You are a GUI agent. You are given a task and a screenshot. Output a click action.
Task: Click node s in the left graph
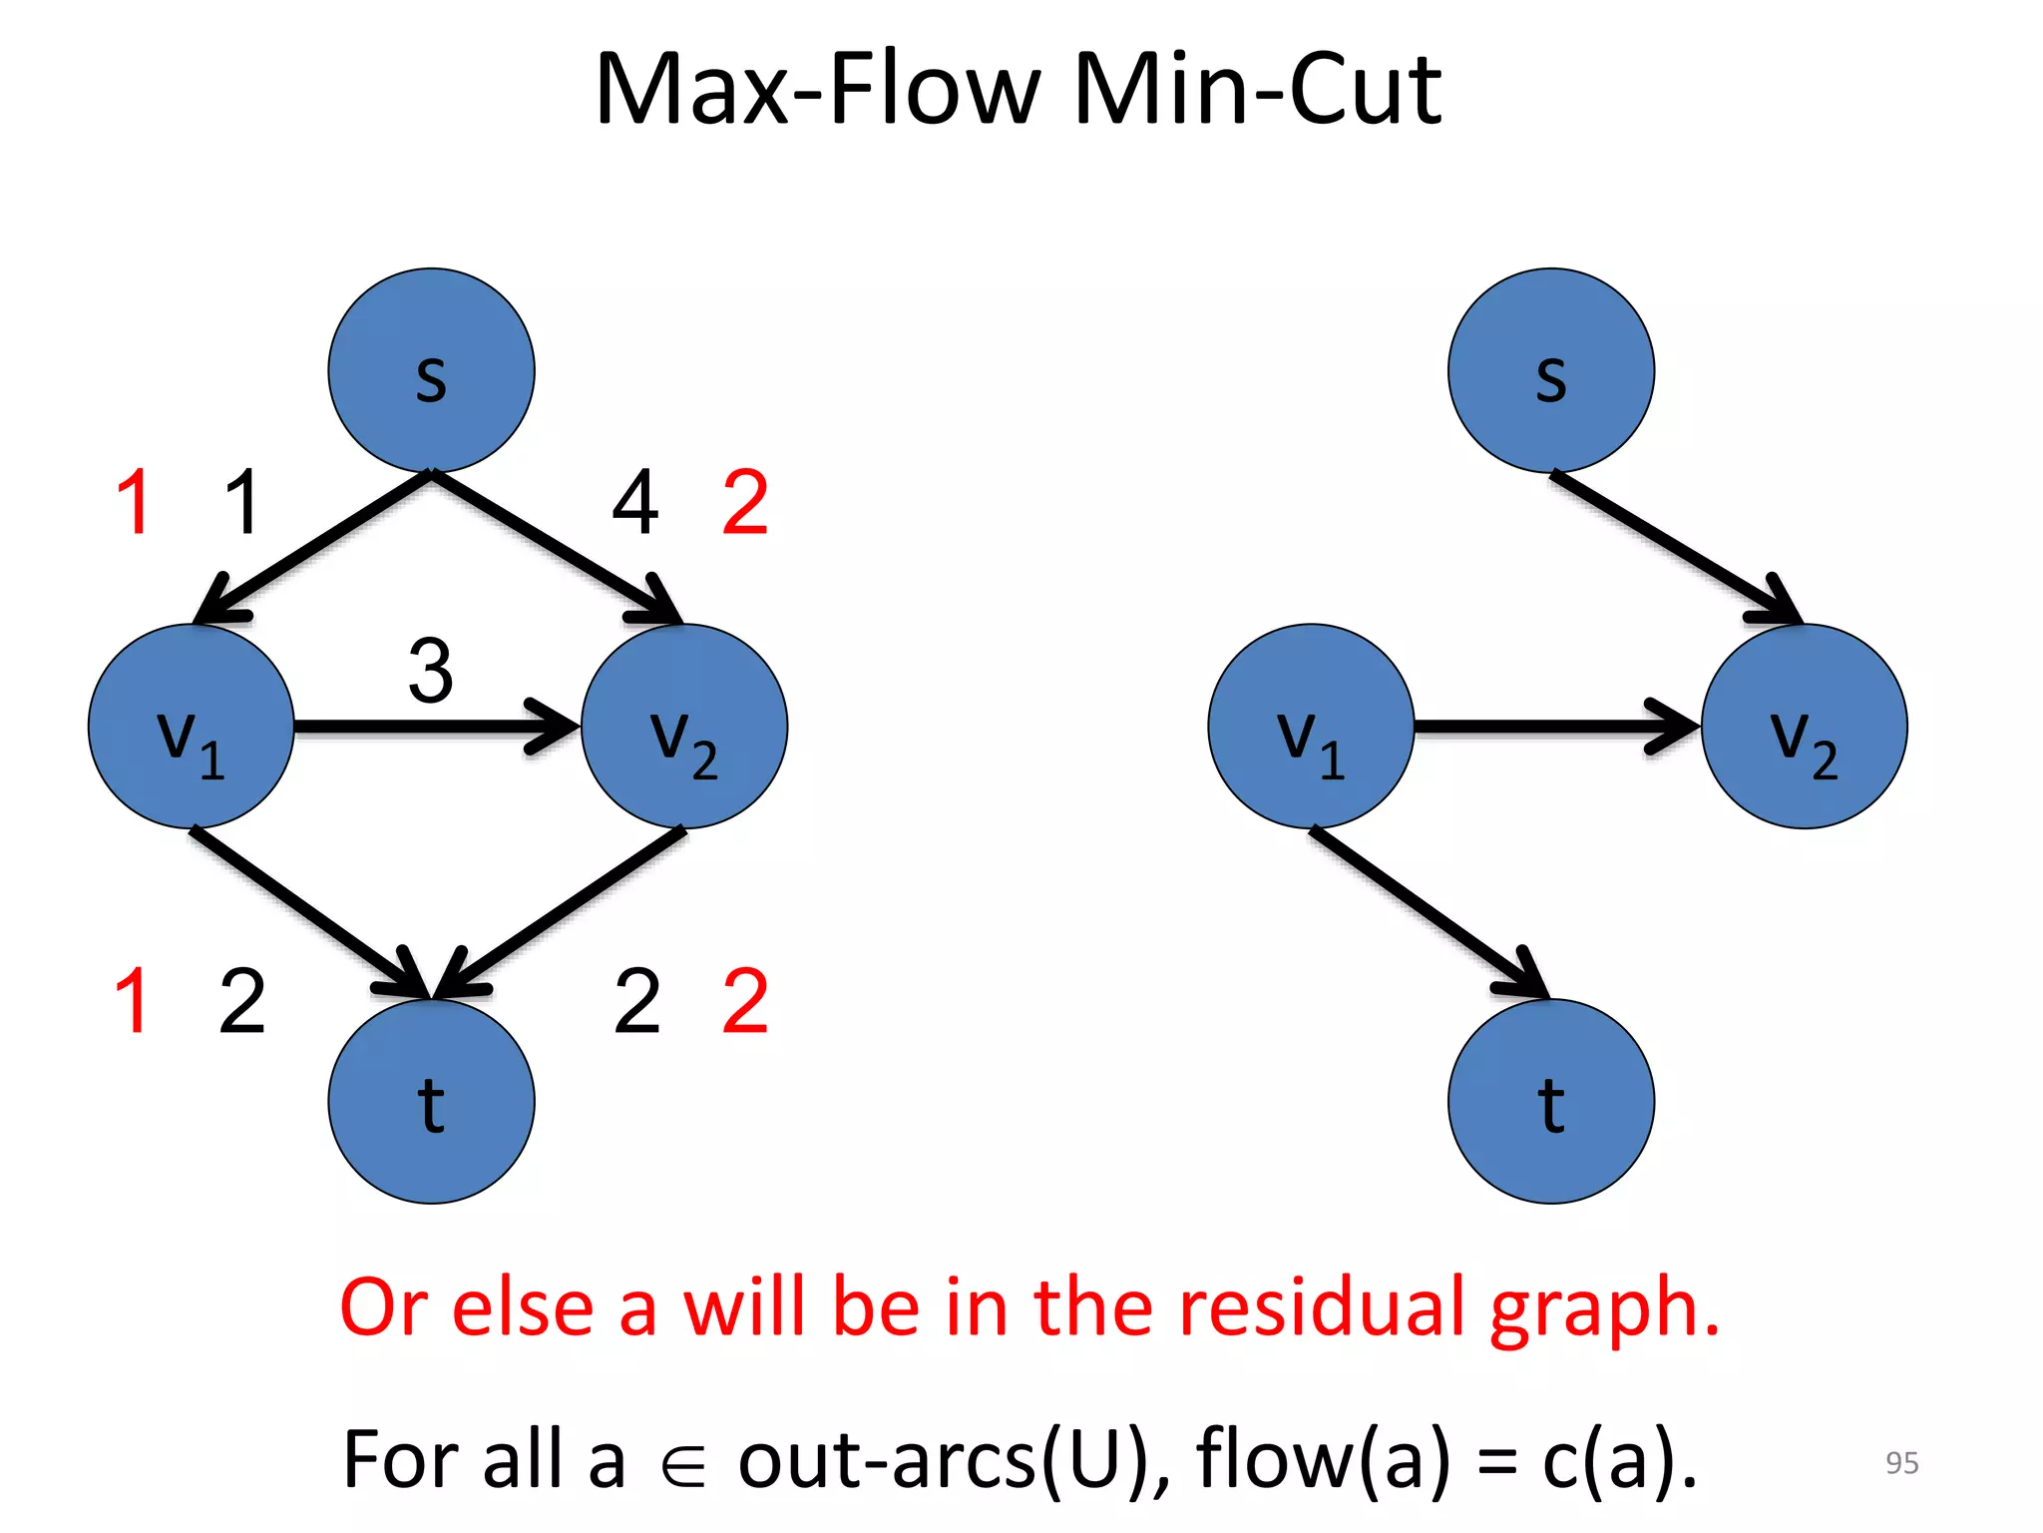pyautogui.click(x=431, y=370)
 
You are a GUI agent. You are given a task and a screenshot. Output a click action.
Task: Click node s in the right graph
pyautogui.click(x=1551, y=370)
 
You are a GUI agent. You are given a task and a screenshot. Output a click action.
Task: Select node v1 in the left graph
pyautogui.click(x=191, y=727)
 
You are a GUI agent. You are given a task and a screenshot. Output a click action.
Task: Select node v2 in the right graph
pyautogui.click(x=1805, y=727)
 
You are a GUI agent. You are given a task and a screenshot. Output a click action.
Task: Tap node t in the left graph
pyautogui.click(x=431, y=1102)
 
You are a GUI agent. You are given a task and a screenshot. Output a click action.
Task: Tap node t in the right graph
pyautogui.click(x=1551, y=1102)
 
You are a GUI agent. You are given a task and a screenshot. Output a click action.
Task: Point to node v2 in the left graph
pyautogui.click(x=684, y=727)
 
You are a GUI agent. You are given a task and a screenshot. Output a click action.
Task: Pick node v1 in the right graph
pyautogui.click(x=1311, y=727)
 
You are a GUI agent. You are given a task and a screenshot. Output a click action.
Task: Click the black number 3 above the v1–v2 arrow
pyautogui.click(x=431, y=671)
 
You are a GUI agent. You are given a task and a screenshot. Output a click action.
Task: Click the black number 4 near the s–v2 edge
pyautogui.click(x=635, y=503)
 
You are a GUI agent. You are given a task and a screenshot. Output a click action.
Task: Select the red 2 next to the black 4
pyautogui.click(x=745, y=503)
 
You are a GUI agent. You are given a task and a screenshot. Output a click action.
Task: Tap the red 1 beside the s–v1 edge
pyautogui.click(x=135, y=503)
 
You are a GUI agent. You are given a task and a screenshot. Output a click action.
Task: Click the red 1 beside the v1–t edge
pyautogui.click(x=133, y=1000)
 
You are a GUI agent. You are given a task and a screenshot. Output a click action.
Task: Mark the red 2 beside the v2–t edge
pyautogui.click(x=745, y=1000)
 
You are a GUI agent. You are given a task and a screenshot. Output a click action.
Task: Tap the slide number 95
pyautogui.click(x=1901, y=1462)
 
